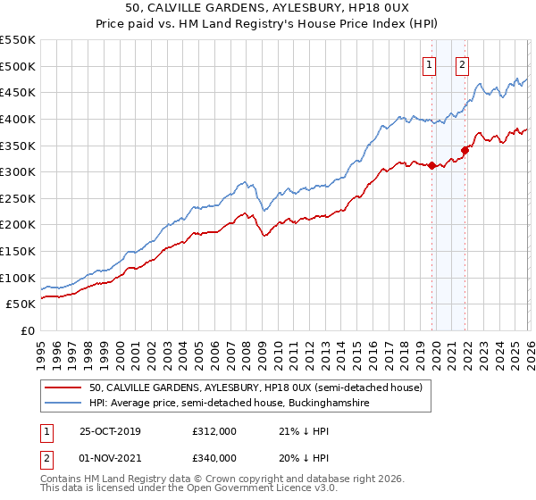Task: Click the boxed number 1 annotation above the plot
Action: pyautogui.click(x=430, y=64)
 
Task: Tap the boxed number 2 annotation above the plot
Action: pyautogui.click(x=462, y=64)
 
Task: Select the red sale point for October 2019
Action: pyautogui.click(x=431, y=165)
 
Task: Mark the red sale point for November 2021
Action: pyautogui.click(x=465, y=150)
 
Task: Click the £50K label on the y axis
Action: pyautogui.click(x=21, y=304)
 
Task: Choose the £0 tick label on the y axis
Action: pyautogui.click(x=27, y=331)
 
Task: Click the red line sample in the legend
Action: pyautogui.click(x=63, y=387)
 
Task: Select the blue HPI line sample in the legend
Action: pyautogui.click(x=63, y=404)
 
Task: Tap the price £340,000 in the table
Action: pyautogui.click(x=214, y=458)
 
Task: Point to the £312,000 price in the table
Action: pyautogui.click(x=214, y=431)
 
